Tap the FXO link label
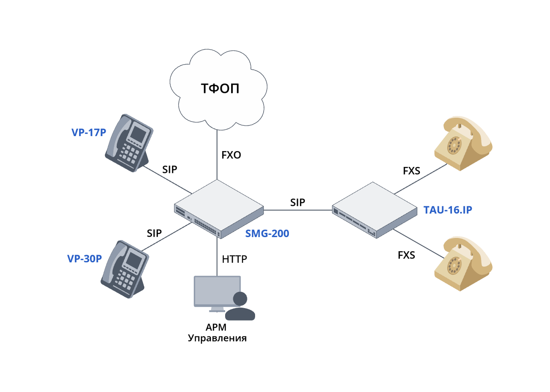click(231, 155)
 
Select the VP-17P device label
click(88, 132)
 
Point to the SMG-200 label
click(267, 234)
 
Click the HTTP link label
click(235, 259)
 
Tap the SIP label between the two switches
click(297, 202)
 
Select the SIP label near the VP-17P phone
click(170, 169)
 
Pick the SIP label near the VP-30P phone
click(154, 233)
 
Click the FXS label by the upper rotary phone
click(411, 171)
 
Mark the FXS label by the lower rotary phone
click(406, 255)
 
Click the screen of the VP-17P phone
click(138, 134)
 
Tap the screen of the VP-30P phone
click(135, 260)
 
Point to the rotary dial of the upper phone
click(455, 145)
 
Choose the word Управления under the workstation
click(218, 338)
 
